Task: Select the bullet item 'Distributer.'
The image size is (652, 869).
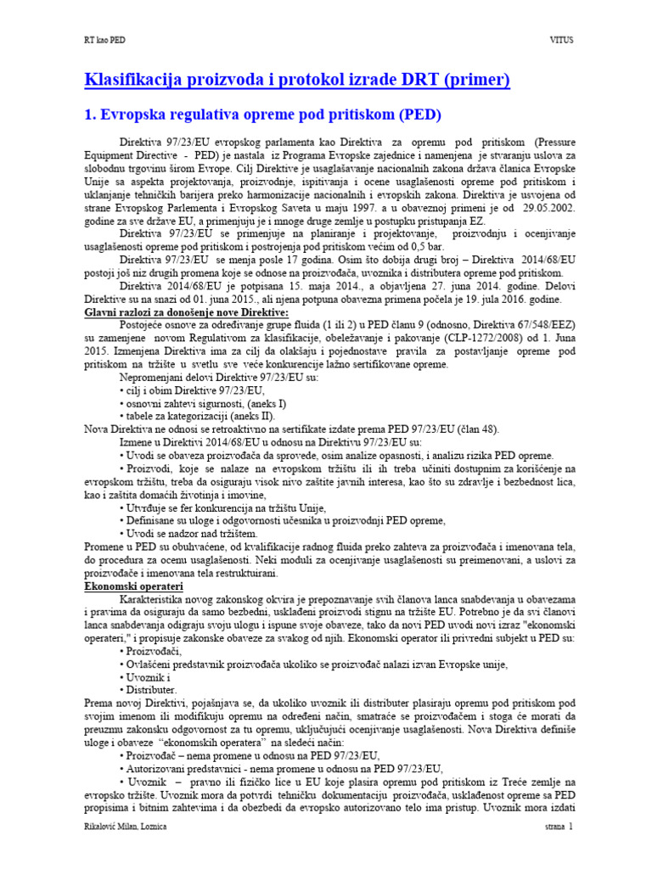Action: point(152,690)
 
